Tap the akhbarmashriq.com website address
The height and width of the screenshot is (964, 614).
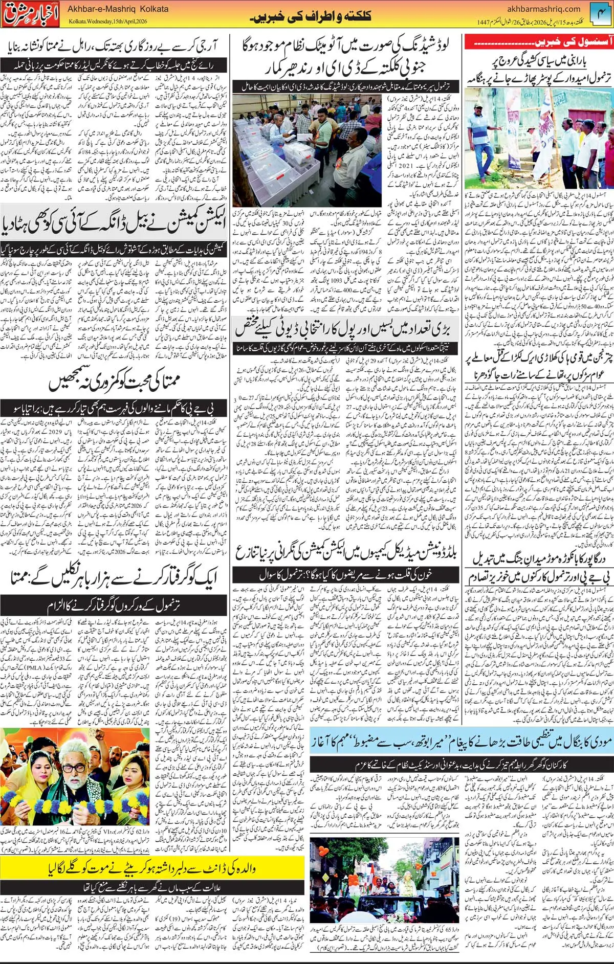pos(543,9)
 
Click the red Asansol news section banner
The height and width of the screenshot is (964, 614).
pos(538,42)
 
